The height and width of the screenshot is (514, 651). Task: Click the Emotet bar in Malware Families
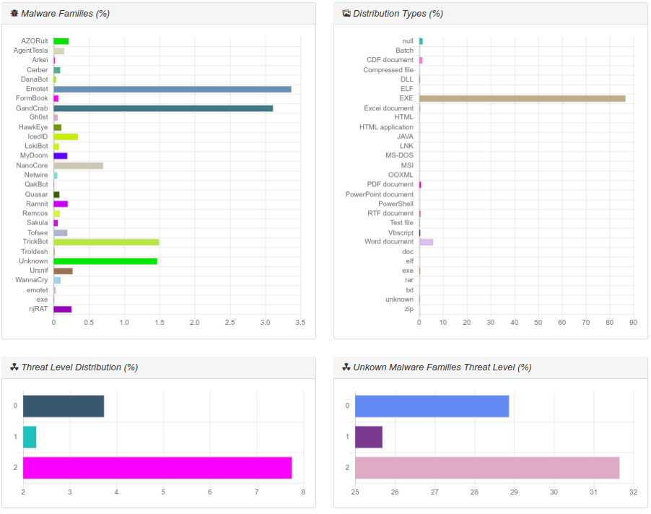172,89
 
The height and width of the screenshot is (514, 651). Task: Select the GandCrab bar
163,108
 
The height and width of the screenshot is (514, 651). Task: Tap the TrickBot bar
106,242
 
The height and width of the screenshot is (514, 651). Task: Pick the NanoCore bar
78,165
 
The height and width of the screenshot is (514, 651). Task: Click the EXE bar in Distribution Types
522,98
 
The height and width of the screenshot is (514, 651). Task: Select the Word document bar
426,242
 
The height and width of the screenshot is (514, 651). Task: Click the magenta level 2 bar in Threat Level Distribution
157,468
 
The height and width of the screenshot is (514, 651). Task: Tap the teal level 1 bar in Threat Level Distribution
30,437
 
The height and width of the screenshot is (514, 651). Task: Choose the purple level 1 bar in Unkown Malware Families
368,437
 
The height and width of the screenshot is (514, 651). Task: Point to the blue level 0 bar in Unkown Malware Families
432,406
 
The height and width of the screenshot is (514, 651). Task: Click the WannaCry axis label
32,280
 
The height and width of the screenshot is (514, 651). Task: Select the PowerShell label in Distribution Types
396,204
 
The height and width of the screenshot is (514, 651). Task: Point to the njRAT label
38,309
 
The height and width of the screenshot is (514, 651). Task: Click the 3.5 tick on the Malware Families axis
300,322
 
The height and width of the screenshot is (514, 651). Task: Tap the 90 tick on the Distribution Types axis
633,322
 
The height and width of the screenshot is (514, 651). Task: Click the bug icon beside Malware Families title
14,14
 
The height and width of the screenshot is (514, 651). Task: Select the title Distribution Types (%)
398,14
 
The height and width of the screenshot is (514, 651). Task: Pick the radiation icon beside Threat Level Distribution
14,367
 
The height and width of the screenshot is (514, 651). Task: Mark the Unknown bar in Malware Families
105,261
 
